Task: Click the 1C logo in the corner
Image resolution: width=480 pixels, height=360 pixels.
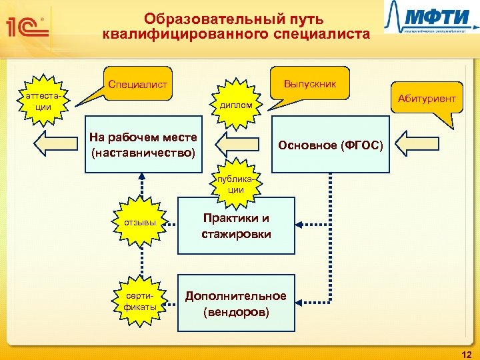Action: (26, 27)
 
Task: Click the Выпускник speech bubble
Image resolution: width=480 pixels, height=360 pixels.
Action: (309, 83)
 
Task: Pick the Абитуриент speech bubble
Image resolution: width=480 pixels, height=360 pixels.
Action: (426, 98)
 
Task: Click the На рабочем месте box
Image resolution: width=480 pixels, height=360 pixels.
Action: (143, 145)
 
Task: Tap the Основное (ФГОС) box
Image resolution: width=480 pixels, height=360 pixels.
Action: (331, 145)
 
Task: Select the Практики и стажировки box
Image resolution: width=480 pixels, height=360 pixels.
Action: (236, 226)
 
